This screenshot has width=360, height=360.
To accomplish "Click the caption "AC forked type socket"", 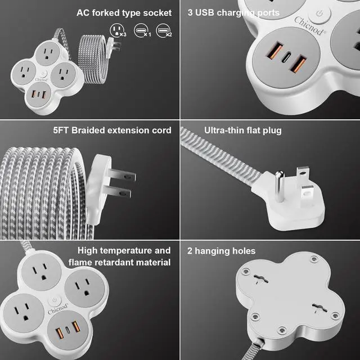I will pos(124,12).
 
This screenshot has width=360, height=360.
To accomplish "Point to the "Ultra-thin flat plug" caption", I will pos(235,130).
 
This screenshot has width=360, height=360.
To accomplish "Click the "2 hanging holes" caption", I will pos(222,251).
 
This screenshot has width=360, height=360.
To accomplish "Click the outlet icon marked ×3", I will pos(117,29).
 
